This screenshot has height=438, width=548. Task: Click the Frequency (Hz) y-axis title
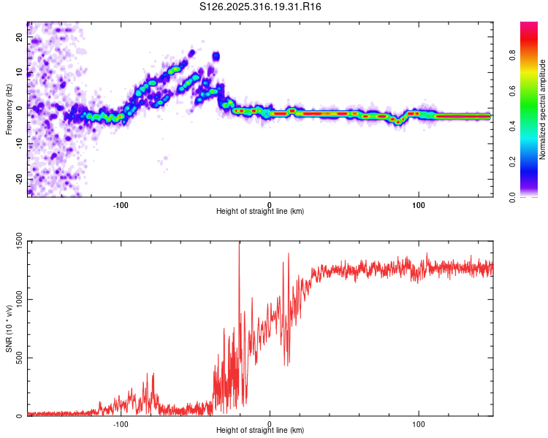[9, 109]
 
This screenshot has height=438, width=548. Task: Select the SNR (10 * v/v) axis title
[9, 328]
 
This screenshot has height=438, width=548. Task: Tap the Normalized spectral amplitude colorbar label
[543, 109]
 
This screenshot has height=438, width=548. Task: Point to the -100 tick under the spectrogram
[121, 204]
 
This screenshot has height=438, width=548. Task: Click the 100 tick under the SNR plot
[419, 424]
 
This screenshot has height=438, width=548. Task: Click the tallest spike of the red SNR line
[239, 243]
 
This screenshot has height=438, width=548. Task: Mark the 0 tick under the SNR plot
[270, 424]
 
